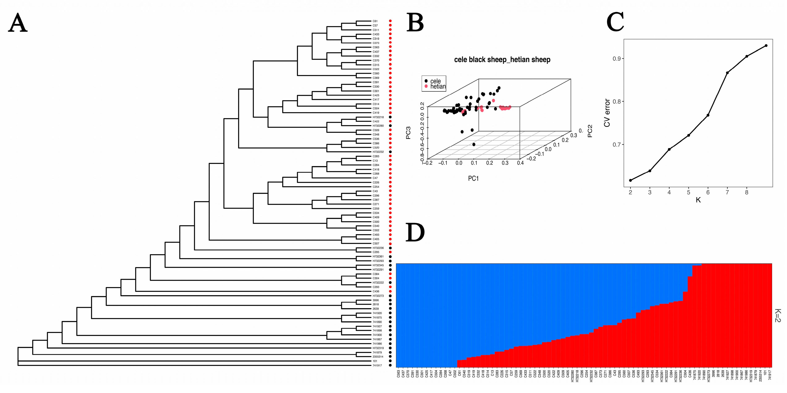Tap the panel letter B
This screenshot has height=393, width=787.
click(415, 23)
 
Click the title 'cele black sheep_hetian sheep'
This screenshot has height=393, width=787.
click(502, 60)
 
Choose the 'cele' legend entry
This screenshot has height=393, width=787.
click(435, 81)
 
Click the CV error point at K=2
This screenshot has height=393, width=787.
click(630, 180)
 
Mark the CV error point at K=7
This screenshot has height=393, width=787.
click(727, 73)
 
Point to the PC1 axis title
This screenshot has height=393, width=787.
click(473, 179)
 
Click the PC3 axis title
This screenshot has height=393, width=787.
click(408, 133)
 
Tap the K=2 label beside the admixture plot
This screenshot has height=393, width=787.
click(778, 315)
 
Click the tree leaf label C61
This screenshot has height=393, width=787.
click(375, 21)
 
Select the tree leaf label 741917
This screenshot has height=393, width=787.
click(377, 365)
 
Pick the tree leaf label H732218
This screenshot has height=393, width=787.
click(378, 117)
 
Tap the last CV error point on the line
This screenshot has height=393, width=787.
click(766, 46)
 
